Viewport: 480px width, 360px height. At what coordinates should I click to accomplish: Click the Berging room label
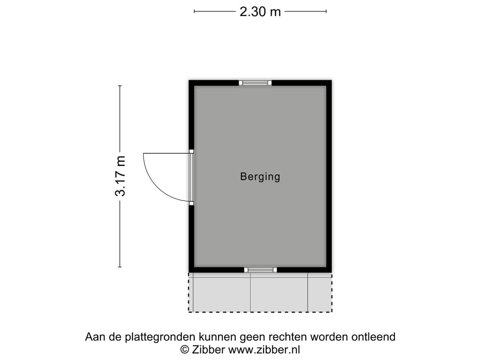(260, 176)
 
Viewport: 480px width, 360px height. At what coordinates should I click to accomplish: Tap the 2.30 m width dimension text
(260, 12)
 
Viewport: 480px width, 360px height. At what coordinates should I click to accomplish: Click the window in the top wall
(255, 83)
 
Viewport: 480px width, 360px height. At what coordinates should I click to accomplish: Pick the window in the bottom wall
(260, 269)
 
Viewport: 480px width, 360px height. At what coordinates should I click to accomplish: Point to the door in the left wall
(192, 176)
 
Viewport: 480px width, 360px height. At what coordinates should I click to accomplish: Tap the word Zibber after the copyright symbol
(209, 349)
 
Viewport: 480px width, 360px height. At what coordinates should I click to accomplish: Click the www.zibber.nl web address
(265, 349)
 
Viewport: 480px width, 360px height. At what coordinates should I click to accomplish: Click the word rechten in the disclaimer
(287, 337)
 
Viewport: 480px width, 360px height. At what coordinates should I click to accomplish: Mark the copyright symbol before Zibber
(185, 349)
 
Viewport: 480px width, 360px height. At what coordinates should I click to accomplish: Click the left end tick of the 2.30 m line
(195, 12)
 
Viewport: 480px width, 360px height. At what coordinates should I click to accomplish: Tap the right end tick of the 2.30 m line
(326, 12)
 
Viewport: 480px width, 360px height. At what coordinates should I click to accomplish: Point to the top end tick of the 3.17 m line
(120, 86)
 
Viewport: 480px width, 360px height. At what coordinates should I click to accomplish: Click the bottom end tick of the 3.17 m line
(120, 267)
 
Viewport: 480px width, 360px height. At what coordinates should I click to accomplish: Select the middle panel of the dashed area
(279, 292)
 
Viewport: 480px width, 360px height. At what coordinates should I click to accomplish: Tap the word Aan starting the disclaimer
(94, 337)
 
